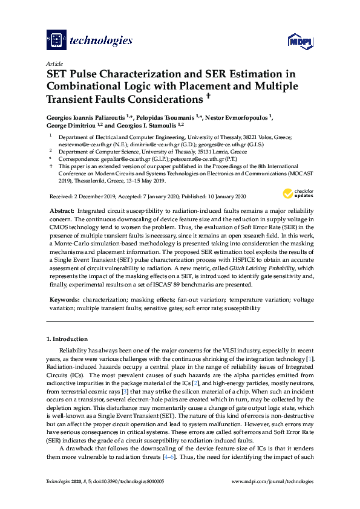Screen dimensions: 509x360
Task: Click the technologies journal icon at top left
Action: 56,41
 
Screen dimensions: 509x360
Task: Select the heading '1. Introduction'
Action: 67,339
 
